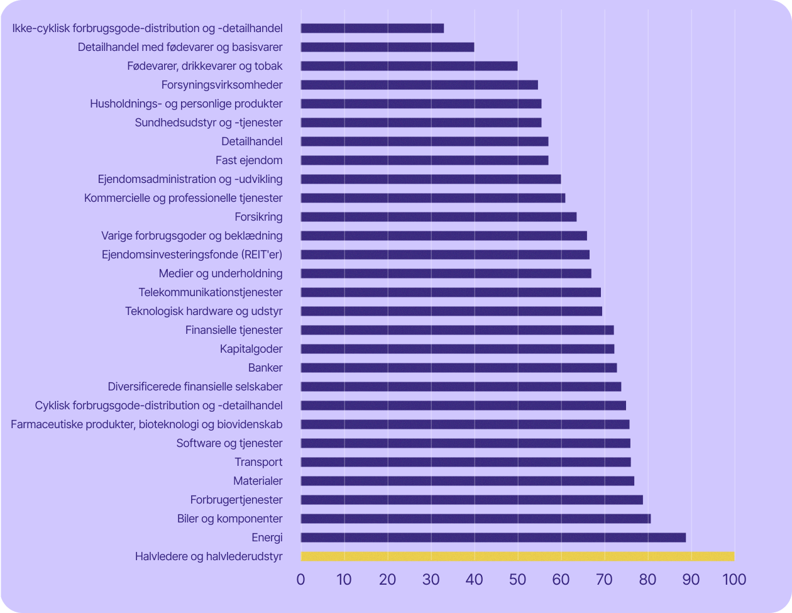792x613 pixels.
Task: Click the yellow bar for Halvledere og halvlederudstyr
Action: click(517, 556)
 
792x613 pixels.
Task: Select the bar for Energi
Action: click(493, 538)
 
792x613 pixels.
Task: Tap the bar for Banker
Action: click(459, 368)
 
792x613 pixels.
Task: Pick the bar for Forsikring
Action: click(439, 217)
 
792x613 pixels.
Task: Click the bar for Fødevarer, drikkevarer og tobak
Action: click(409, 66)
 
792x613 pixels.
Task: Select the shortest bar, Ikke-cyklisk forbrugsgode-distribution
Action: click(372, 28)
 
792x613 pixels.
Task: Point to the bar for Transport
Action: click(466, 462)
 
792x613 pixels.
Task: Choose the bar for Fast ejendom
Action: click(424, 160)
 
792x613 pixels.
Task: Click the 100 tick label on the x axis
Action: click(734, 579)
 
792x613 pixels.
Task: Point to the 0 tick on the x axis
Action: click(301, 579)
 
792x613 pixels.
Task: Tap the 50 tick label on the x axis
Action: click(517, 579)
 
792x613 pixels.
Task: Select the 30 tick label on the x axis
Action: click(431, 579)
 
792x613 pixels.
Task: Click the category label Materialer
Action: click(258, 481)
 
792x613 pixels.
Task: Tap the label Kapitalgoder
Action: click(251, 349)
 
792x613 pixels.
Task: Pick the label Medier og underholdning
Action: click(221, 273)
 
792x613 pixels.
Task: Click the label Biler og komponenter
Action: click(230, 519)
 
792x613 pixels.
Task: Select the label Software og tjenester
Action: click(229, 443)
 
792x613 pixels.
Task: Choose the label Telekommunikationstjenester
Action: click(211, 292)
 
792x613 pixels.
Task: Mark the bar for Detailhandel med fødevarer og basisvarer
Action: click(387, 47)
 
